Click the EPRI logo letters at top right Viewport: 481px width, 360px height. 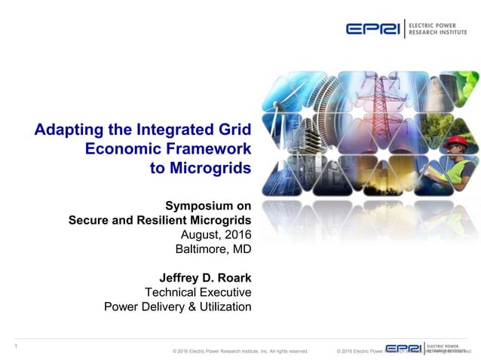[x=373, y=29]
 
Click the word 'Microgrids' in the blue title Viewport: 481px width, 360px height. [x=211, y=167]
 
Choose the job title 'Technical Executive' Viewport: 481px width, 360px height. [x=198, y=291]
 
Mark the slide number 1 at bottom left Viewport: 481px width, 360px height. [x=16, y=346]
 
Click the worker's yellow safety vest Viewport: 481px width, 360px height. [x=461, y=167]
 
